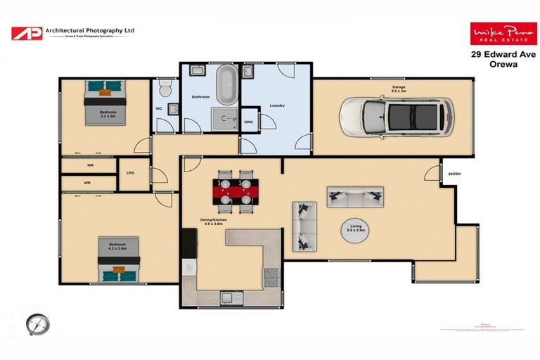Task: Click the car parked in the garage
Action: point(395,117)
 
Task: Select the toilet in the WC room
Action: point(164,89)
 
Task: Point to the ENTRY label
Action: point(454,174)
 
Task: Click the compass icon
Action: point(38,325)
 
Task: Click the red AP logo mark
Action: point(26,33)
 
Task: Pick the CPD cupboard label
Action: point(130,173)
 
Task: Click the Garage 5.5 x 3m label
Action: point(399,89)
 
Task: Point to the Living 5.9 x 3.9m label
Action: point(356,229)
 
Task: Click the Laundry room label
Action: point(276,105)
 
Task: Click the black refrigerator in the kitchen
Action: point(188,244)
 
